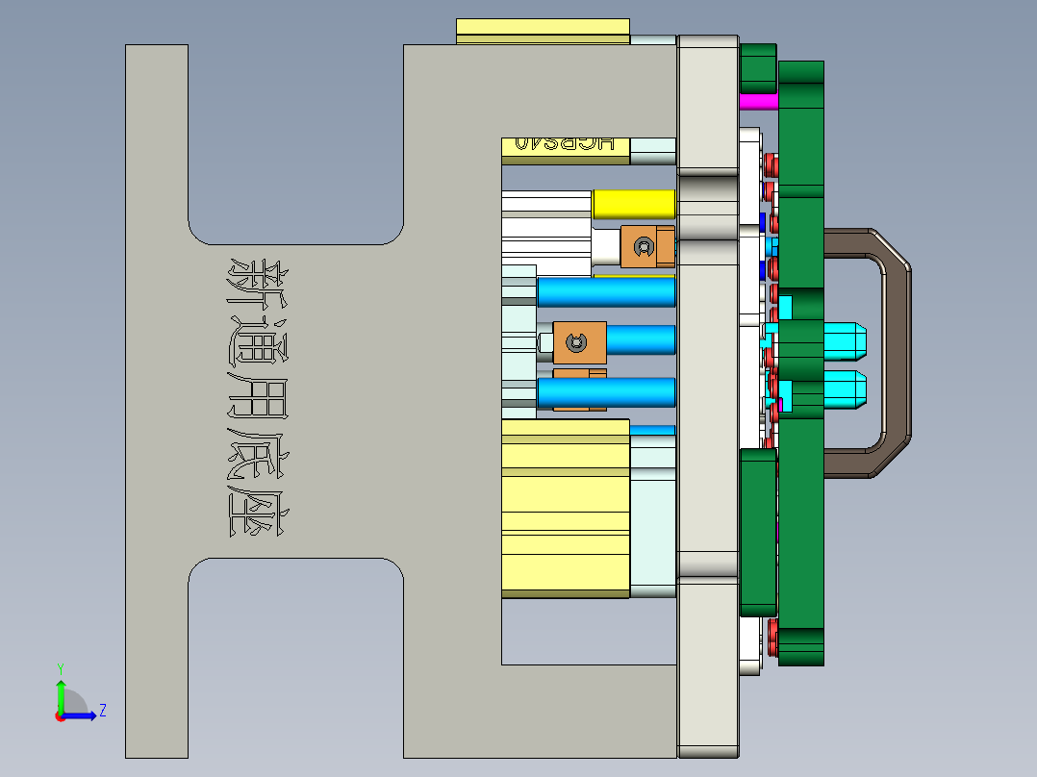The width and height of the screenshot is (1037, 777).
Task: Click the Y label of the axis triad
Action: point(60,667)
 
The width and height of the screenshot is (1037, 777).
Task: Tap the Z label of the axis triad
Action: point(102,711)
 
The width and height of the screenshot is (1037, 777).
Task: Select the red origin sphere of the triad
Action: point(60,715)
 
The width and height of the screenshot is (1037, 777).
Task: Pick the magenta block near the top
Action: point(758,101)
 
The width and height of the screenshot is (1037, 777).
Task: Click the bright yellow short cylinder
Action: point(633,204)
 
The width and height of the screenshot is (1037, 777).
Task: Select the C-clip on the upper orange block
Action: point(642,249)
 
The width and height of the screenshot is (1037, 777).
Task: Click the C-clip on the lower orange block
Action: point(577,343)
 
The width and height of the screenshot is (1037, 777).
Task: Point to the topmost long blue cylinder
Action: point(606,292)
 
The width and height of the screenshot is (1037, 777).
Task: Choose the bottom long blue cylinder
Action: point(606,392)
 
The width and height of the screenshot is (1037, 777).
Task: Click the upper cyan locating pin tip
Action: point(847,338)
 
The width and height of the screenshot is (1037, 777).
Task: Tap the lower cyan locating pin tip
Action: point(847,388)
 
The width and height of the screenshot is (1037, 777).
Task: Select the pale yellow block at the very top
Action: point(543,31)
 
